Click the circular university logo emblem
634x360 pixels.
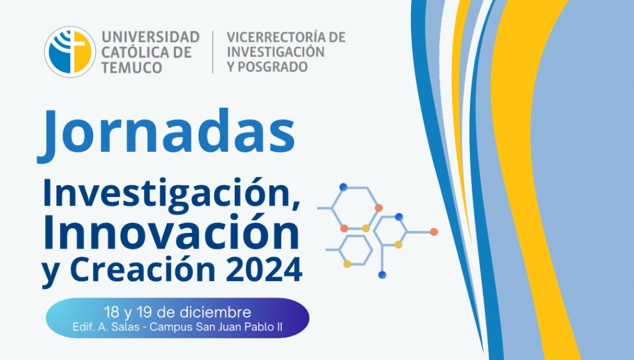(x=70, y=52)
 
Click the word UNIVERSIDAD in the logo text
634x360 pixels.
(x=150, y=37)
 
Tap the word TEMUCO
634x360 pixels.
(x=132, y=68)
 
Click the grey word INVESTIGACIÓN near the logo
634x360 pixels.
(x=276, y=52)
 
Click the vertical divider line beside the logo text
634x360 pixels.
(x=213, y=52)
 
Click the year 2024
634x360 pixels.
(x=264, y=270)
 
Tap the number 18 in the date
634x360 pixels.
(x=111, y=313)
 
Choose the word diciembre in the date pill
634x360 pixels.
(x=215, y=312)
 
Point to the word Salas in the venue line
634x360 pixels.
(x=125, y=327)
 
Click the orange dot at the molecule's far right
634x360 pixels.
(x=434, y=232)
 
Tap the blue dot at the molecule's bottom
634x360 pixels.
(x=382, y=275)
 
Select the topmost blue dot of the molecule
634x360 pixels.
(x=343, y=187)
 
